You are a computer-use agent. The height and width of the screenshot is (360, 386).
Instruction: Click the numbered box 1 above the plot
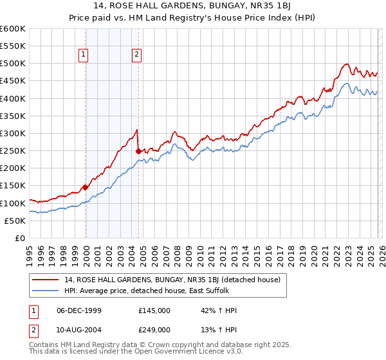tap(84, 55)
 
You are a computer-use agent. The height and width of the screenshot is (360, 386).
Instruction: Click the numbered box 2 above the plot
tap(137, 55)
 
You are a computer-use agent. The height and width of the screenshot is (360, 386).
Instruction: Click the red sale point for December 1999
tap(86, 188)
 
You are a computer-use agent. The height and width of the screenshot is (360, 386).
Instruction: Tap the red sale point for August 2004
tap(139, 151)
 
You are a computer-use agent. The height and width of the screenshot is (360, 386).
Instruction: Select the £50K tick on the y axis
tap(15, 221)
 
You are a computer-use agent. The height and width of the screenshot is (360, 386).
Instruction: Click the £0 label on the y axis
tap(21, 238)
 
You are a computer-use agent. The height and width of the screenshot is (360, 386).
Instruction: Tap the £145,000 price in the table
tap(154, 310)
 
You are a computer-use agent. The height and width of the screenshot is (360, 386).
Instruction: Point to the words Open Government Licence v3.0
tap(192, 353)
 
